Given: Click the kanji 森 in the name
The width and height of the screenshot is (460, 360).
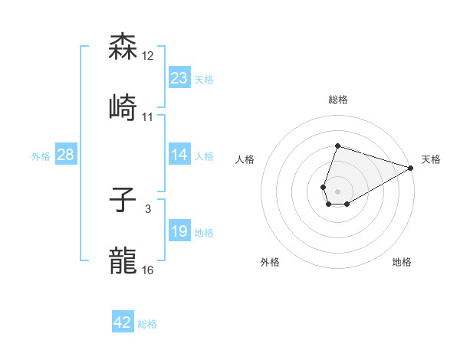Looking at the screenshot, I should click(x=123, y=47).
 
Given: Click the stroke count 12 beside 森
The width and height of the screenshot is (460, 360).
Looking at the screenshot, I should click(x=148, y=56).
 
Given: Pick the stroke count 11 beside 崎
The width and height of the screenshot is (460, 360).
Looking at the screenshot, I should click(x=148, y=116).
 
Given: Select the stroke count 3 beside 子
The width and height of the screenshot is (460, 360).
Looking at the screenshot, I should click(x=148, y=209).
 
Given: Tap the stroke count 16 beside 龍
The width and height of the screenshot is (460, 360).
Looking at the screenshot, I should click(x=148, y=270).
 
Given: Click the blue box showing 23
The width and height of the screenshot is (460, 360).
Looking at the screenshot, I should click(x=179, y=77).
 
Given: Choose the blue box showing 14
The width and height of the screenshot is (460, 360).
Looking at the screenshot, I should click(x=179, y=155).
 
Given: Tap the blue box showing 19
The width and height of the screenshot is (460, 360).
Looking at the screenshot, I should click(x=179, y=231).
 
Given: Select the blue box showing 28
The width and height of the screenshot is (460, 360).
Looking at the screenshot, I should click(x=66, y=155).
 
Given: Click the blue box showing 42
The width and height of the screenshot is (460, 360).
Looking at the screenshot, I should click(x=123, y=322).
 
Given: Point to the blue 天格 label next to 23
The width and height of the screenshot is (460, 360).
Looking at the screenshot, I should click(x=204, y=79).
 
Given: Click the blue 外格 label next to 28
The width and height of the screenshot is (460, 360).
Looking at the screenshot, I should click(x=41, y=156).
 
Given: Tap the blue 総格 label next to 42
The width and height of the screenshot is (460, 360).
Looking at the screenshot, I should click(x=147, y=324).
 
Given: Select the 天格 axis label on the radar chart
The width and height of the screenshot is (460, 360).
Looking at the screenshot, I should click(x=431, y=159).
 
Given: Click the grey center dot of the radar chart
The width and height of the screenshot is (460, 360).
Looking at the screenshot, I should click(x=337, y=191).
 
